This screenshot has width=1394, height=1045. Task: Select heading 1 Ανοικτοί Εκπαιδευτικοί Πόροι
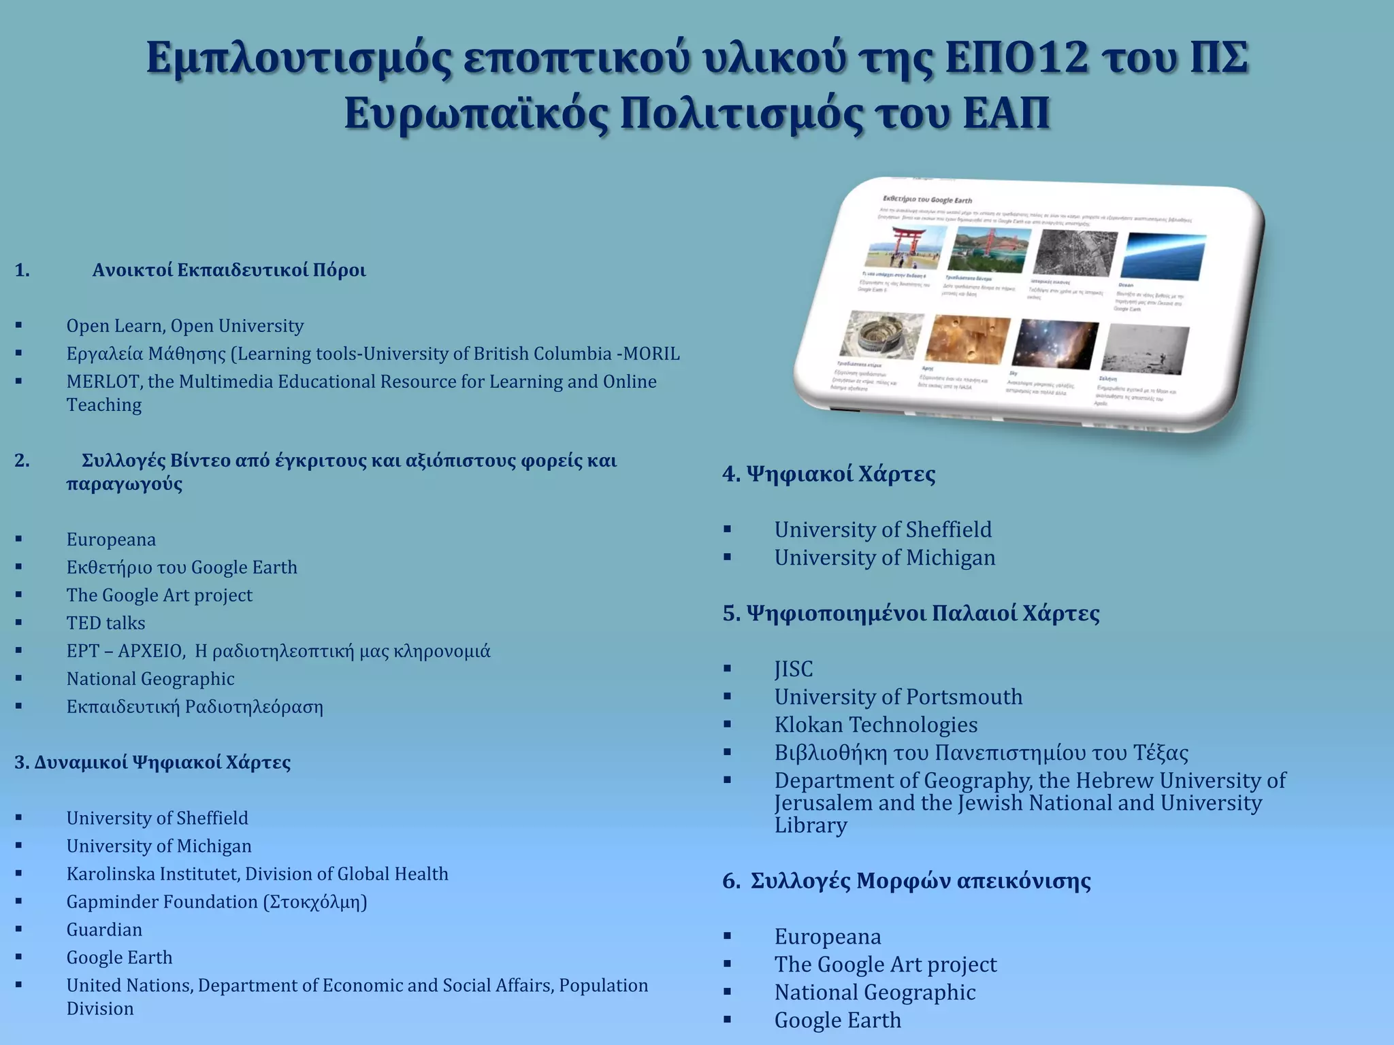(229, 270)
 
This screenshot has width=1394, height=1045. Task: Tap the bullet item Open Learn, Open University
(184, 326)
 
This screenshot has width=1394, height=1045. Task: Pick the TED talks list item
(106, 623)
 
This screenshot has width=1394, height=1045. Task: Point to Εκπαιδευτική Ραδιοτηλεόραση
(195, 707)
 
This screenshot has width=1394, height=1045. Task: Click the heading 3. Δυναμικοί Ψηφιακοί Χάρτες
(152, 762)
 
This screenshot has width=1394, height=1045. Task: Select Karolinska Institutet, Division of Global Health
(257, 874)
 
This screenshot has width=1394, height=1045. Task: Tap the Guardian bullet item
(104, 929)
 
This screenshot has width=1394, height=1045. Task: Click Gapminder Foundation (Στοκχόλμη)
(216, 901)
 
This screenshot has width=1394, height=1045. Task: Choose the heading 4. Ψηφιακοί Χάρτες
(828, 474)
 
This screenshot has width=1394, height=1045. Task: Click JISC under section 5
(793, 669)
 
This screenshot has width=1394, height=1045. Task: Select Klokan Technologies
(875, 725)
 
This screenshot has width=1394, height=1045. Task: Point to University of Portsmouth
(898, 697)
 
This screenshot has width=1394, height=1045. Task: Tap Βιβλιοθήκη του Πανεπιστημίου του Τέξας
(981, 752)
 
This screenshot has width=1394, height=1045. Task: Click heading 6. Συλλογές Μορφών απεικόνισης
(906, 881)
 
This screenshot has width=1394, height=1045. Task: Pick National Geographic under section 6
(875, 993)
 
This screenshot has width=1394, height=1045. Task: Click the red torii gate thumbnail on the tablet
(906, 248)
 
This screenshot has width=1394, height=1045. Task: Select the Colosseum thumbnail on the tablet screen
(881, 335)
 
